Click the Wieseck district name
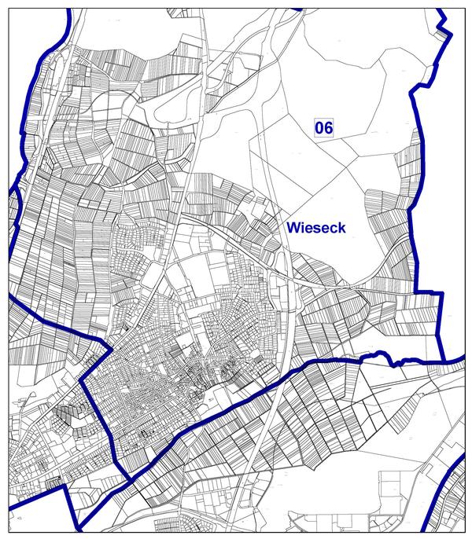coord(317,228)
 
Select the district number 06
coord(324,127)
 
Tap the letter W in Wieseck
coord(293,228)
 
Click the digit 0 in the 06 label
coord(319,127)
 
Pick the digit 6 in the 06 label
coord(329,127)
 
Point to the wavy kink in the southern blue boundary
coord(393,361)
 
